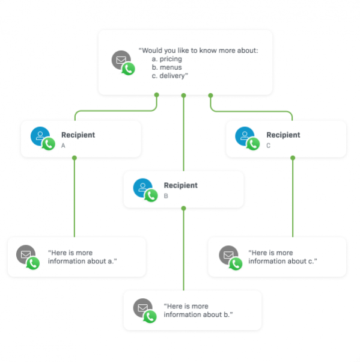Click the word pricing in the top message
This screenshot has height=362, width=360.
click(x=171, y=59)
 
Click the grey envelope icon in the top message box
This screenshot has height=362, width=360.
click(x=121, y=60)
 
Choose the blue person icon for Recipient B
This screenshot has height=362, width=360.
click(x=142, y=187)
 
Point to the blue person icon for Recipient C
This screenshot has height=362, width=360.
click(x=244, y=136)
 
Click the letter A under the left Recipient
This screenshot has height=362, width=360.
click(x=63, y=146)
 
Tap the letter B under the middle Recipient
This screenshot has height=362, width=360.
click(x=166, y=196)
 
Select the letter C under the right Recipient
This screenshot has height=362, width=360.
click(x=269, y=146)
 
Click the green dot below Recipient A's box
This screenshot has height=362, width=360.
click(x=75, y=158)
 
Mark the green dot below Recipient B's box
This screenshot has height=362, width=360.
click(x=183, y=208)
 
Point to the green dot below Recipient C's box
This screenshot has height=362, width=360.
click(x=293, y=158)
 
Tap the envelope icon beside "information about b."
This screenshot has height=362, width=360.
click(x=142, y=307)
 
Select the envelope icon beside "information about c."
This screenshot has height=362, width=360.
click(x=228, y=254)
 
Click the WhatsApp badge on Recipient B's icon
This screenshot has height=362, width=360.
click(x=151, y=195)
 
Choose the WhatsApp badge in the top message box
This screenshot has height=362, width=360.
click(x=128, y=69)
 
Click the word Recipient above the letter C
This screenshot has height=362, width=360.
click(x=283, y=135)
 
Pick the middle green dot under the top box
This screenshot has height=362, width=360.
click(x=183, y=94)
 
